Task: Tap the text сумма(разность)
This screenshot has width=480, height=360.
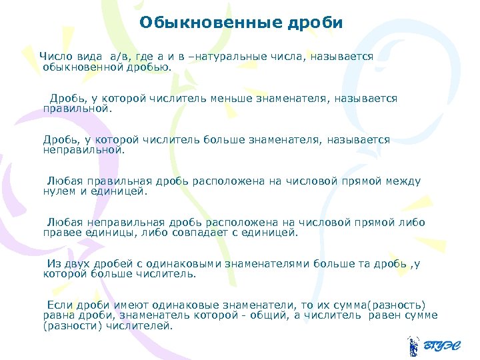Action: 383,305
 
